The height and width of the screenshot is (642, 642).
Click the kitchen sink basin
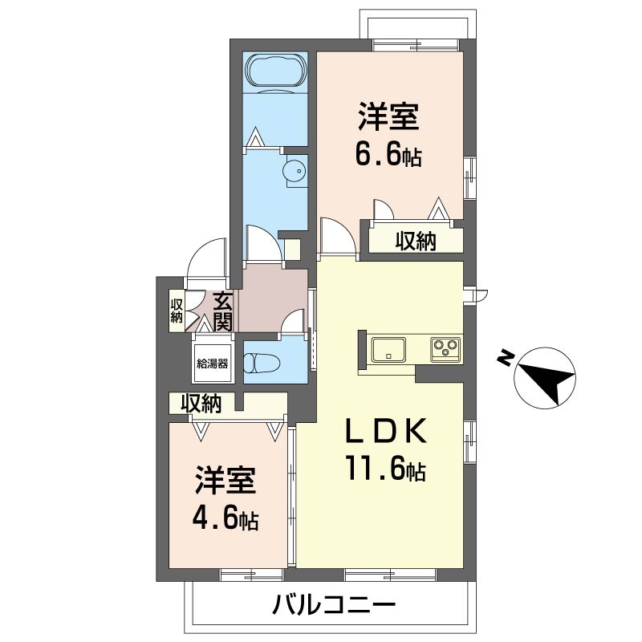388,349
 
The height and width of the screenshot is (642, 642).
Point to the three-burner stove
446,349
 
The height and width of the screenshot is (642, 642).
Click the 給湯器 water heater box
212,364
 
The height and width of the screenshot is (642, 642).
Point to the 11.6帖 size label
386,469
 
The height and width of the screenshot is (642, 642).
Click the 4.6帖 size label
226,520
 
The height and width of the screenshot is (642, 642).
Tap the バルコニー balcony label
334,605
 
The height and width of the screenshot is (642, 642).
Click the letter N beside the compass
505,358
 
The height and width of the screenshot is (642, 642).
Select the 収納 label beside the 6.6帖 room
416,242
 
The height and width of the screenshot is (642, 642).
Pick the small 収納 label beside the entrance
177,311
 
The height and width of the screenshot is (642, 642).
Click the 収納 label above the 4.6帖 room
201,404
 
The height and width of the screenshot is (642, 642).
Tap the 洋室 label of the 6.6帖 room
389,116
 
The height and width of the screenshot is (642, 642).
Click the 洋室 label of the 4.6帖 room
226,480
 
